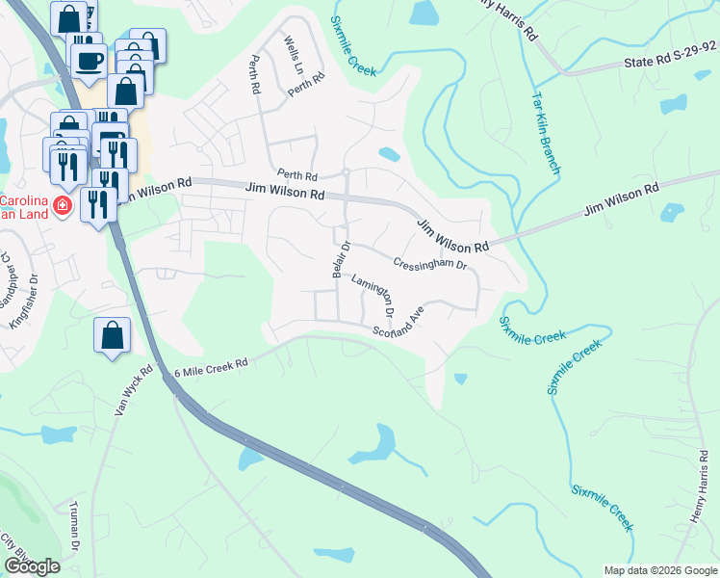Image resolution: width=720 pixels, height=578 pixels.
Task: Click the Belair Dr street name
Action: point(339,259)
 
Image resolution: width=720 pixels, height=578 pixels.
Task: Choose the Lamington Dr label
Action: point(373,296)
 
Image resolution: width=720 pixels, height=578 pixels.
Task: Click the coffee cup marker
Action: point(89,59)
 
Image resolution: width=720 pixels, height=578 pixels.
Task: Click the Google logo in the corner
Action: point(32,566)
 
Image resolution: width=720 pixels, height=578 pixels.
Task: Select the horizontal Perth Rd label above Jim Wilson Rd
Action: point(297,176)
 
